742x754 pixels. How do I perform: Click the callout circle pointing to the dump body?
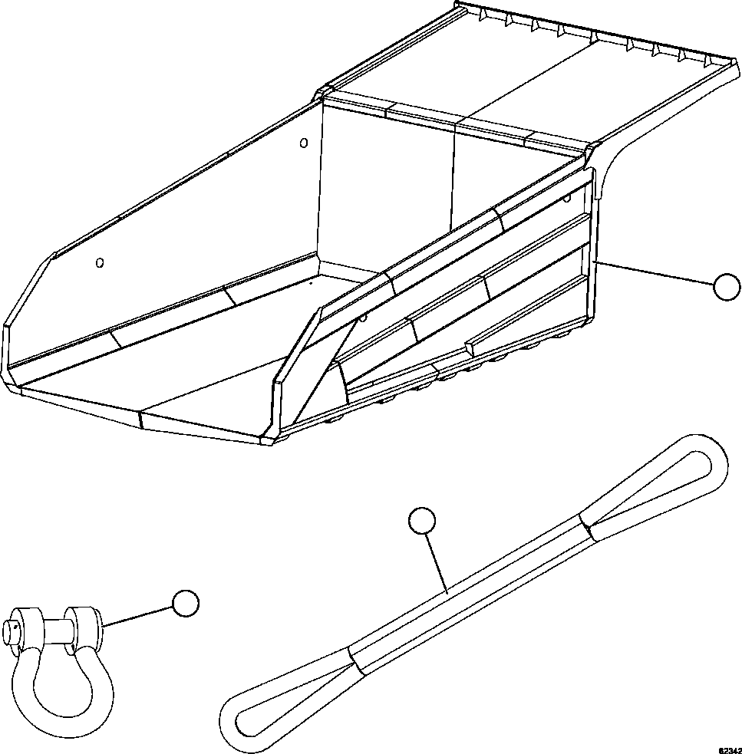(726, 288)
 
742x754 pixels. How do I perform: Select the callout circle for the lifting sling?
(422, 521)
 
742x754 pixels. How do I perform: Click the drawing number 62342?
(729, 746)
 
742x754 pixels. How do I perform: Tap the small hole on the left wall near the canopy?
(303, 143)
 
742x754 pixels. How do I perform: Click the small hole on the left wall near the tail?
(99, 263)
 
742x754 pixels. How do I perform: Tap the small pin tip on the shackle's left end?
(10, 631)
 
